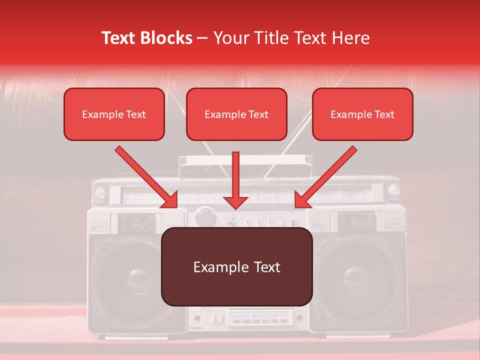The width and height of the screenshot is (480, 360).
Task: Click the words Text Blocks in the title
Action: point(146,38)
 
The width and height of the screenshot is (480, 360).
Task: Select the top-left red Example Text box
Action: point(114,114)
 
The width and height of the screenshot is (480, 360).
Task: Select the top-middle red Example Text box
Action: point(236,114)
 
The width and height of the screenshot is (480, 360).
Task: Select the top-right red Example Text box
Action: point(362,114)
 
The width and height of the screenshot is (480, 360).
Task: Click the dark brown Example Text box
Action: point(236,267)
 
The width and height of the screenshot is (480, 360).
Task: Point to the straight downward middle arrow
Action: point(235,180)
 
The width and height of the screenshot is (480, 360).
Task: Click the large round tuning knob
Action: point(204,216)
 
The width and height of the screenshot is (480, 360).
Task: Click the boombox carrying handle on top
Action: point(245,161)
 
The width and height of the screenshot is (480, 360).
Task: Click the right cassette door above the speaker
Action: point(356,222)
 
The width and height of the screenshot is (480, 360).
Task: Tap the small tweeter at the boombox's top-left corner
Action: point(99,191)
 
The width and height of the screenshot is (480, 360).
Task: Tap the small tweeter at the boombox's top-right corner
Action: point(393,190)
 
